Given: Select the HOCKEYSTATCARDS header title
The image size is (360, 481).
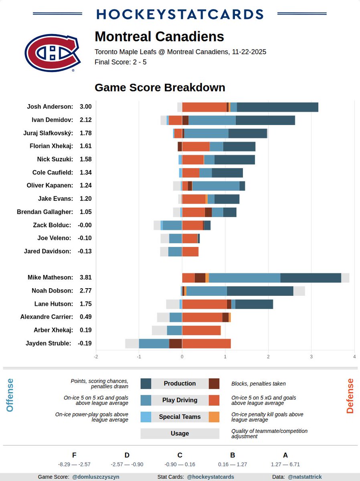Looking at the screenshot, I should (180, 14).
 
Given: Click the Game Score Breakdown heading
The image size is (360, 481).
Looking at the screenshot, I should (160, 87).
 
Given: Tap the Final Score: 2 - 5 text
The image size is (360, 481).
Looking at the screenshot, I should (120, 62).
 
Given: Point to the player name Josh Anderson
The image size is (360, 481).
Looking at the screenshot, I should (50, 107).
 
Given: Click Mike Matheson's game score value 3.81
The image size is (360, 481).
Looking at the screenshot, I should (85, 277).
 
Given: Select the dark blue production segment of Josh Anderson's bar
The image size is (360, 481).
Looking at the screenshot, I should (277, 107).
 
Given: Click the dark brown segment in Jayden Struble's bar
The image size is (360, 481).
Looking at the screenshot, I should (175, 344).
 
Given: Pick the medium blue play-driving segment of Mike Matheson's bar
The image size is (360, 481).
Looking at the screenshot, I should (244, 278).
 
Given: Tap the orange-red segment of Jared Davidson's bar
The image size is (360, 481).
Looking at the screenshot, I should (190, 252).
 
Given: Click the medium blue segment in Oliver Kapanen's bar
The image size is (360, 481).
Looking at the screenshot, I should (216, 186).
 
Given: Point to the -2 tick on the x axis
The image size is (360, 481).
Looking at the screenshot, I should (96, 356).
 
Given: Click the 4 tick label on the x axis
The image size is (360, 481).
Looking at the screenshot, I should (354, 356).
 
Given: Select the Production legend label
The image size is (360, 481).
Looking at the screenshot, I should (180, 384).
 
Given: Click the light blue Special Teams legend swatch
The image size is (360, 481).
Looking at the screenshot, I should (146, 417).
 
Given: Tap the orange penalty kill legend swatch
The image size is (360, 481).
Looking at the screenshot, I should (214, 417).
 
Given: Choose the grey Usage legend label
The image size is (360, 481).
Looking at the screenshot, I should (180, 433).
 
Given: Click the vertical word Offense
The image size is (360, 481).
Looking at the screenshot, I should (10, 395).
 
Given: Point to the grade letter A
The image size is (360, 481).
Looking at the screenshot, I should (285, 455).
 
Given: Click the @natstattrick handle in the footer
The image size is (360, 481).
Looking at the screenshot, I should (305, 477).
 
